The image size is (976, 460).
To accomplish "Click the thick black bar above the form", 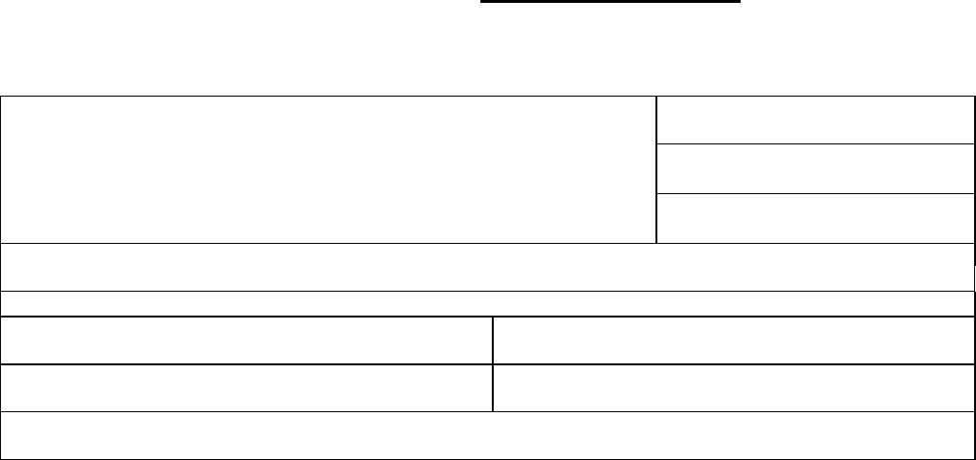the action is point(610,2).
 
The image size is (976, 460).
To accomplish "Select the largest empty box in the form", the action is point(328,169).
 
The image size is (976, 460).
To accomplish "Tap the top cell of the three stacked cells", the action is point(812,120).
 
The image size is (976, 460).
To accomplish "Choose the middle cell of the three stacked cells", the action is point(812,169).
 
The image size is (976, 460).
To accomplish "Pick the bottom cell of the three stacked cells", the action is point(812,218).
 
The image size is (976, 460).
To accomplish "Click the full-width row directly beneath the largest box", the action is point(487,267).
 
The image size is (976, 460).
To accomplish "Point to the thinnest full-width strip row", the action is point(487,303).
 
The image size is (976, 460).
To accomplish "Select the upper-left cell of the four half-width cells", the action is point(247,340).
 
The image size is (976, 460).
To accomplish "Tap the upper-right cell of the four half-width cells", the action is point(732,340).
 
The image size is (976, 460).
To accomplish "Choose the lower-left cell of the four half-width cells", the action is point(247,388).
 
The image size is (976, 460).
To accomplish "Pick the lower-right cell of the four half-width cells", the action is point(732,388).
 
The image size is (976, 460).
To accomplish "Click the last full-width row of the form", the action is point(487,436).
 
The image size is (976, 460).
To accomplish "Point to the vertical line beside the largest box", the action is point(656,169).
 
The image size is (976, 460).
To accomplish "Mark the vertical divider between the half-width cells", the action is point(493,363).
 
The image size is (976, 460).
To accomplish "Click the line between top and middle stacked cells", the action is point(812,144).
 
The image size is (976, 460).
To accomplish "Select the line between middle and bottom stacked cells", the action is point(812,193).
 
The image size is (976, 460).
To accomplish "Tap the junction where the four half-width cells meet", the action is point(493,364).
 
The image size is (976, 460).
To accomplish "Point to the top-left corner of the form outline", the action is point(1,97).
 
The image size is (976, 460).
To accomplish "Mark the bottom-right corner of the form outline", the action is point(972,459).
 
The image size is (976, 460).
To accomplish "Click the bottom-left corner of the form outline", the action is point(1,459).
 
